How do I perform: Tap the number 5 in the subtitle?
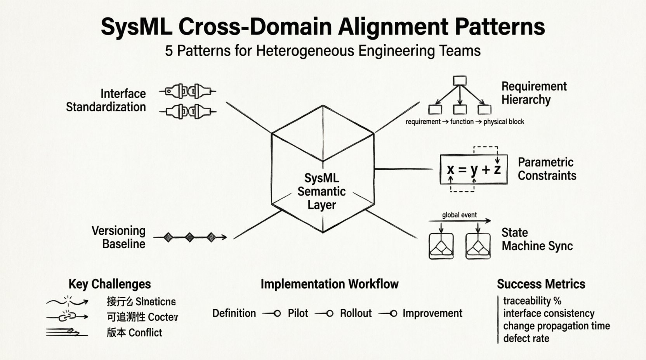point(169,51)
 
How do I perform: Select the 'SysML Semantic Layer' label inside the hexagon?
point(321,192)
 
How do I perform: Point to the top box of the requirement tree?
point(460,80)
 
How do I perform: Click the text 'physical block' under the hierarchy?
point(504,122)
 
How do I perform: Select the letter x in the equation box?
point(450,170)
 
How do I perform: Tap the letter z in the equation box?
point(497,169)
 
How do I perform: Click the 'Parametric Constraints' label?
point(547,169)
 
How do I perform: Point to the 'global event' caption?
point(459,215)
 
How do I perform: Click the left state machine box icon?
point(441,246)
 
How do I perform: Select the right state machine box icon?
point(478,246)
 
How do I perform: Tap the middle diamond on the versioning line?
point(189,237)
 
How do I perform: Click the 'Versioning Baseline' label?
point(119,237)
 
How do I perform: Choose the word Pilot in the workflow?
point(298,313)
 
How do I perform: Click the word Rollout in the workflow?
point(356,313)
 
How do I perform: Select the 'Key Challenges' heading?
point(109,284)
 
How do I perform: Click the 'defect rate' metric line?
point(526,338)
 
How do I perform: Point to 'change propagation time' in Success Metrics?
point(556,326)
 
